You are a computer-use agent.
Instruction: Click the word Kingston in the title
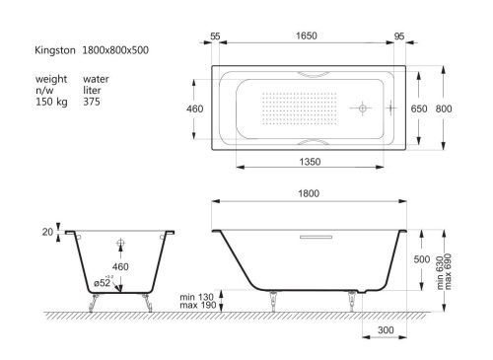click(55, 50)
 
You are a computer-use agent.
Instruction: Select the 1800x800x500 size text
click(115, 50)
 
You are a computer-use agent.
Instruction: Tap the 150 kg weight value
click(51, 102)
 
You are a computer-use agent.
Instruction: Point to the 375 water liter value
click(92, 102)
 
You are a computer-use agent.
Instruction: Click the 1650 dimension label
click(307, 36)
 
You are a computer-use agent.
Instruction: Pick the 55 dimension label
click(215, 36)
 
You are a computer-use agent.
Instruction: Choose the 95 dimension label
click(399, 36)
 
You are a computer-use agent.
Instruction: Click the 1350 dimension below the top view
click(310, 162)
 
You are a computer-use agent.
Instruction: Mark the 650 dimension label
click(419, 108)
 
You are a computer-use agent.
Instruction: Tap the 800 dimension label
click(444, 108)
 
